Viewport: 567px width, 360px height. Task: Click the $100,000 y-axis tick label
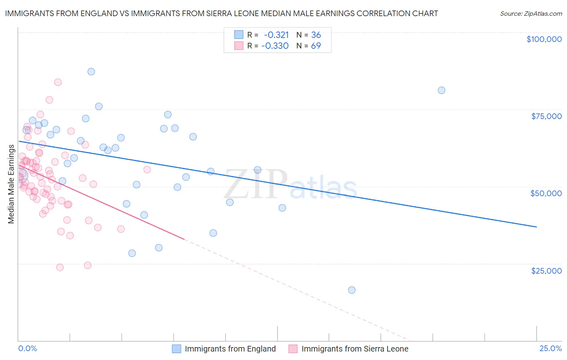544,39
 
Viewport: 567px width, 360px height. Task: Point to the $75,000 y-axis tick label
546,116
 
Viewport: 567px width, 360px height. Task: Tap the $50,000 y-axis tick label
546,193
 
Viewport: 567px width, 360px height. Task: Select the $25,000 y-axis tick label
546,271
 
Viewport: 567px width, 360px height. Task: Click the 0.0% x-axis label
27,348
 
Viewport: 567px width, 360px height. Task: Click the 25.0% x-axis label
550,348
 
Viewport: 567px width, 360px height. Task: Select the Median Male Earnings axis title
11,184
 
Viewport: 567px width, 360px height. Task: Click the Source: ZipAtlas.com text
531,13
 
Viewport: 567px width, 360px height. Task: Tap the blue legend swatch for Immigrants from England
177,349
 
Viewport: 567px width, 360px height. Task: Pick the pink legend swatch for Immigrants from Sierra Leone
293,349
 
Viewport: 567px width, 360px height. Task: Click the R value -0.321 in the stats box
276,35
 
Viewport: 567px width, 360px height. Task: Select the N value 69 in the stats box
316,46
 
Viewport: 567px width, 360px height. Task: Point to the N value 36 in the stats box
316,35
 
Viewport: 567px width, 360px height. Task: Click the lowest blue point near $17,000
352,290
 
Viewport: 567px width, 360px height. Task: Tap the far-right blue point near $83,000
442,90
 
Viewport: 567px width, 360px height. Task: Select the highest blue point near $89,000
91,72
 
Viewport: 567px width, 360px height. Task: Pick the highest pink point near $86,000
58,82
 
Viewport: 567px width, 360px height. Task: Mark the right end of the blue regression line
536,227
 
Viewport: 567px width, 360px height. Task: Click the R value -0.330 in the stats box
275,46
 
